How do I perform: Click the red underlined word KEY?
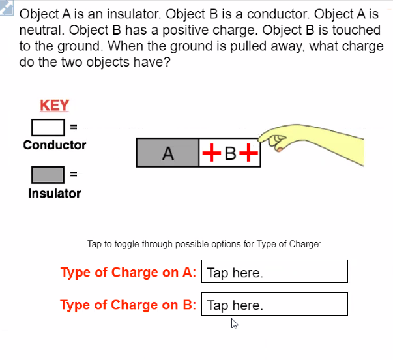click(x=55, y=106)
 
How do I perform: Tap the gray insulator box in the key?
click(x=48, y=175)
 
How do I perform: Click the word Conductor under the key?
click(x=55, y=145)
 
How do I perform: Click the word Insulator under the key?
click(x=55, y=194)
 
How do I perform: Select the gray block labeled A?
click(x=167, y=153)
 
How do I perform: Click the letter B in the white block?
click(x=229, y=154)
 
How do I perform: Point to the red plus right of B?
click(x=248, y=153)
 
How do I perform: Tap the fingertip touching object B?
click(x=263, y=138)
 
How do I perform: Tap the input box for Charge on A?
click(x=275, y=272)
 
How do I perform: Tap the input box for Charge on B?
click(x=275, y=305)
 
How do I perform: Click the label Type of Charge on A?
click(x=128, y=273)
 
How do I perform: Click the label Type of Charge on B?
click(x=128, y=305)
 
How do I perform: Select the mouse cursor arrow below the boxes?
click(x=234, y=323)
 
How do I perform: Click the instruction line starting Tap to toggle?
click(x=204, y=245)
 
